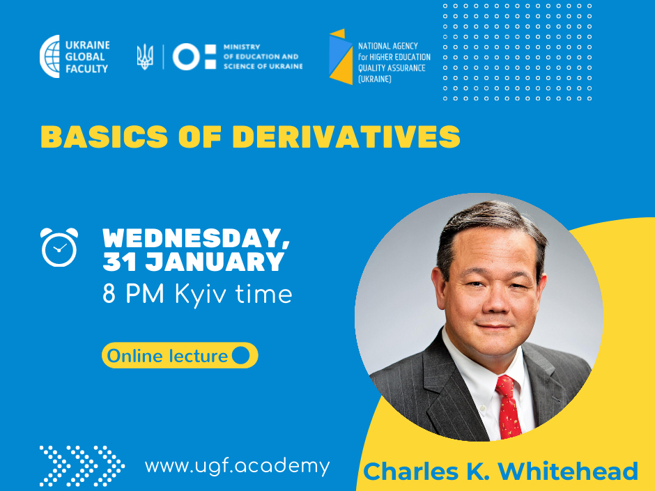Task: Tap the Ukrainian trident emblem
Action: click(x=145, y=57)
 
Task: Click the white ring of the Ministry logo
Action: click(x=186, y=56)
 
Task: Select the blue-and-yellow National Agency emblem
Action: click(x=341, y=56)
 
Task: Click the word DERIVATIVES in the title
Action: click(x=346, y=137)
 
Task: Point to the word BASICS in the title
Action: click(x=104, y=137)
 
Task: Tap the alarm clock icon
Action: click(x=59, y=247)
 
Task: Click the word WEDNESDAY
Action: click(x=196, y=238)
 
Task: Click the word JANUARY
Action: click(x=215, y=262)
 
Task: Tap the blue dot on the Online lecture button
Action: click(x=240, y=355)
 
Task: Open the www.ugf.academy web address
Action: click(x=238, y=466)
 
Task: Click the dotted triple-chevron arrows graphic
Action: click(x=82, y=466)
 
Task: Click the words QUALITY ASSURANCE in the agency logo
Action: click(x=392, y=68)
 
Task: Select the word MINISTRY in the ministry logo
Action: click(x=242, y=47)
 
